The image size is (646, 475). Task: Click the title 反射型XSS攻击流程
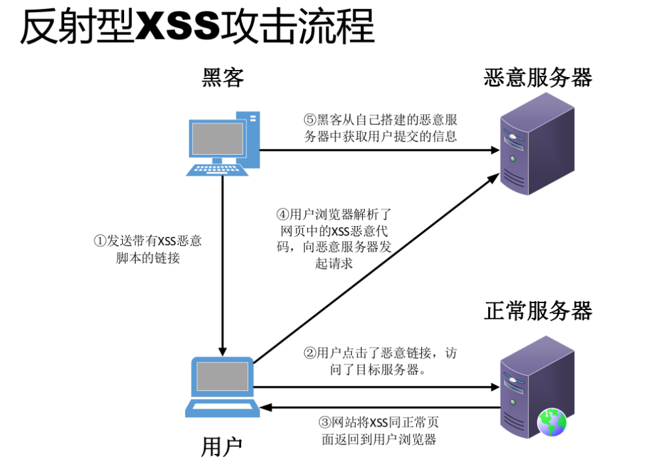[x=197, y=27]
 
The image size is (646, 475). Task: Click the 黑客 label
[x=223, y=78]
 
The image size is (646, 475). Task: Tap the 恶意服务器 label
[x=538, y=78]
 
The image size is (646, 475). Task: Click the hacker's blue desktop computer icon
[x=223, y=143]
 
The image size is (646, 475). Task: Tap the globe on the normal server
[x=551, y=423]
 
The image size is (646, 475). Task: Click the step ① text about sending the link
[x=148, y=250]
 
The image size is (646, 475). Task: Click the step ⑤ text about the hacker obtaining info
[x=380, y=128]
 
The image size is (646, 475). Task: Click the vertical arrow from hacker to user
[x=222, y=267]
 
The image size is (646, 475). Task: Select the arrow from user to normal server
[x=376, y=386]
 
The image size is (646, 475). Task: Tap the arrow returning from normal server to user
[x=376, y=408]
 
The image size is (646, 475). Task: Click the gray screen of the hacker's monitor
[x=218, y=138]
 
